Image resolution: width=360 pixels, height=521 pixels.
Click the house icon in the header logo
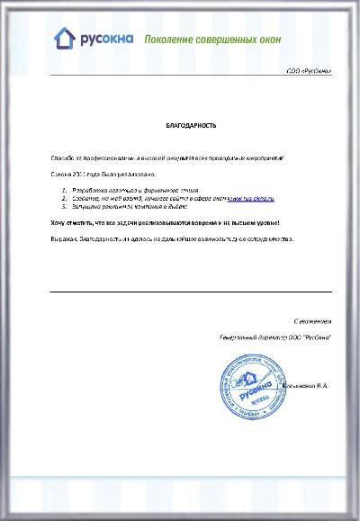(x=64, y=38)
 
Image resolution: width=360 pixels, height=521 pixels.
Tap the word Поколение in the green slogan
(x=168, y=40)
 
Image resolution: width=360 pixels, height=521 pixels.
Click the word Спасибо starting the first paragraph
(x=62, y=157)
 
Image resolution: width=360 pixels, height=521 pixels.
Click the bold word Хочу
(x=58, y=221)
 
